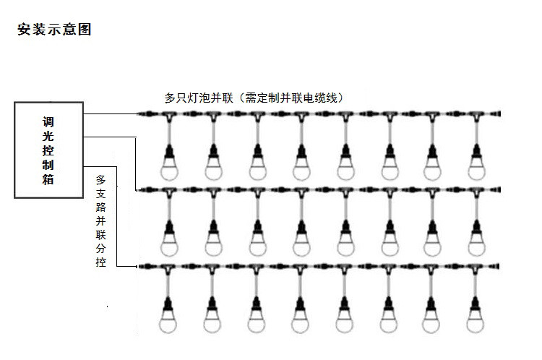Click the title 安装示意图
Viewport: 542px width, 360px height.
54,30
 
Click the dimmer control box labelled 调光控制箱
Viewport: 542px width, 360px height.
48,150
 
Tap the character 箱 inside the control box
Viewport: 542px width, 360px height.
48,181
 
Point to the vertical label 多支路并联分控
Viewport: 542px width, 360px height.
101,220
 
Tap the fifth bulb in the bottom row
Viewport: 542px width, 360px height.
345,318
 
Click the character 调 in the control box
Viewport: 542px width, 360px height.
48,121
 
